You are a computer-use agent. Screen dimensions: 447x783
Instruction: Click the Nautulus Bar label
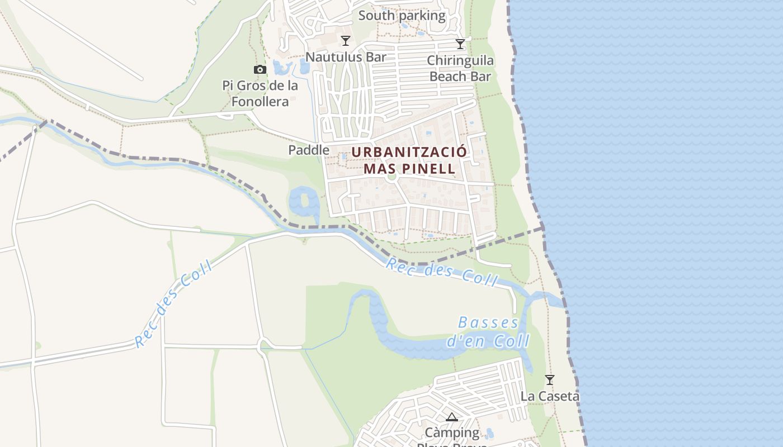click(x=346, y=57)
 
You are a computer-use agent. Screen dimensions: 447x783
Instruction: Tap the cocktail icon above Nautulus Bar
click(x=346, y=41)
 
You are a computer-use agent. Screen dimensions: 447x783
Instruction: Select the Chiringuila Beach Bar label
click(x=460, y=68)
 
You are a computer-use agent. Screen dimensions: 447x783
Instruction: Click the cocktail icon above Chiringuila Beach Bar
click(x=460, y=44)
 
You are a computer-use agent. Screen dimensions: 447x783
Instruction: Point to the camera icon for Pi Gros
click(x=260, y=70)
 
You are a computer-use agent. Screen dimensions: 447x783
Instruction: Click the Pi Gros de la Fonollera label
click(x=260, y=93)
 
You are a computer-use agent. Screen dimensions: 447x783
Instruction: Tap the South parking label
click(x=402, y=16)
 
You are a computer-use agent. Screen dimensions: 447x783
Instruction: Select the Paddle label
click(x=309, y=150)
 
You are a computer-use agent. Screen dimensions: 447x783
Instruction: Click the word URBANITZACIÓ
click(x=409, y=152)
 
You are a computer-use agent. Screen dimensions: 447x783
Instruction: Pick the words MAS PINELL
click(x=409, y=168)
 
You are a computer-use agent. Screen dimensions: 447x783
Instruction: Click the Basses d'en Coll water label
click(x=488, y=332)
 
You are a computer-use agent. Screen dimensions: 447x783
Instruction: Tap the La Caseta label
click(x=550, y=396)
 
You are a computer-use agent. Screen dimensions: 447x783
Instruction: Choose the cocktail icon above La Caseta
click(x=550, y=380)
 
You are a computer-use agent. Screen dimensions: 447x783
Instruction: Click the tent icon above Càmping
click(x=452, y=417)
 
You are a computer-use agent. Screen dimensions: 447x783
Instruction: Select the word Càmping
click(x=452, y=432)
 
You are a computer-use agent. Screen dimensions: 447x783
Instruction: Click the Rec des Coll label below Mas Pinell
click(x=441, y=272)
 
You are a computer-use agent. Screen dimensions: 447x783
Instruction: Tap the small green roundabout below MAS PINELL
click(x=391, y=177)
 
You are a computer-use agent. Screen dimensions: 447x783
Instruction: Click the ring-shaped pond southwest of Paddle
click(x=304, y=203)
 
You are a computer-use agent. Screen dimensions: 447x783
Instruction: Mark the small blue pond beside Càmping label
click(x=489, y=433)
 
